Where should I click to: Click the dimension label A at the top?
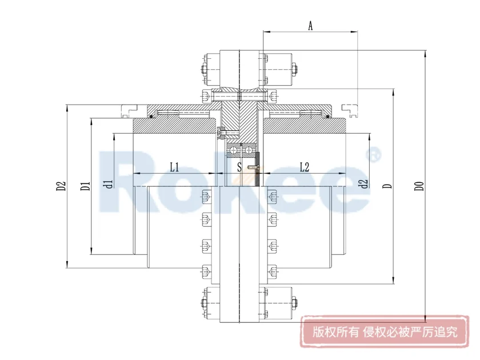coord(310,26)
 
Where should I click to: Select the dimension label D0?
coord(419,186)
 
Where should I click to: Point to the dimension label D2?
coord(61,186)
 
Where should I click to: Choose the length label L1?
coord(175,167)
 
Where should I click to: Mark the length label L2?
coord(304,167)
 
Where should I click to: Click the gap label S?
coord(239,167)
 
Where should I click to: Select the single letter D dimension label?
coord(387,186)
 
